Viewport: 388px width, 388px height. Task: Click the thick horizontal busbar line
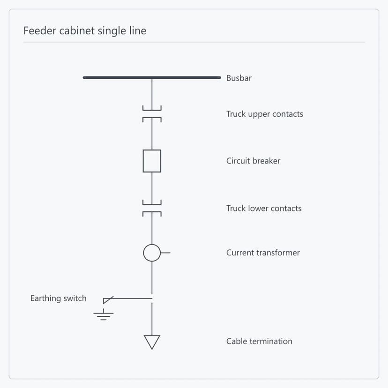coord(152,77)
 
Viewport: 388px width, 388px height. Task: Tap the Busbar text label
coord(239,78)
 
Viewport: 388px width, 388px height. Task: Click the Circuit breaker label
coord(253,161)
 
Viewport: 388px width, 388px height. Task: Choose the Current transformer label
coord(263,253)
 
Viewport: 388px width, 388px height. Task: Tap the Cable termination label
coord(259,341)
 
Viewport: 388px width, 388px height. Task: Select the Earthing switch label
coord(59,298)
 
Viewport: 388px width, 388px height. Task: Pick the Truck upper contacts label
coord(264,114)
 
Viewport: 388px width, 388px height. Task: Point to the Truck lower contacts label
coord(264,209)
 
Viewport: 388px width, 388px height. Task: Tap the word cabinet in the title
coord(77,30)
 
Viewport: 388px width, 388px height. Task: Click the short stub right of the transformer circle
coord(165,253)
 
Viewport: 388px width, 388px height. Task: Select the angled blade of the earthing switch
coord(108,300)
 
